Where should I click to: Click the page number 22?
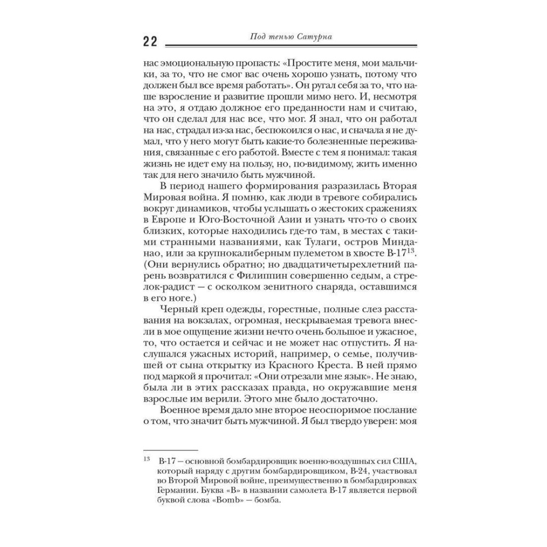click(x=150, y=42)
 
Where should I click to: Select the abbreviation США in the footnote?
click(x=392, y=461)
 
